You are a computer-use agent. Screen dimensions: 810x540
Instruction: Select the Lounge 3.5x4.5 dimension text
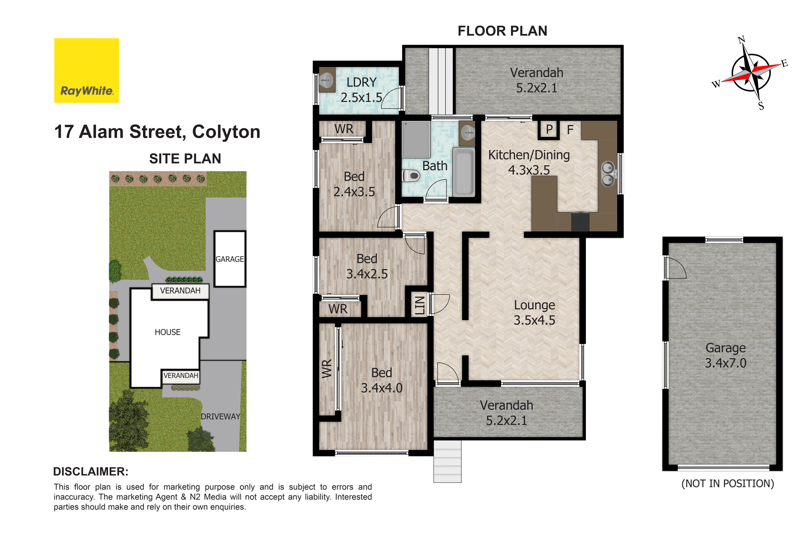coord(534,312)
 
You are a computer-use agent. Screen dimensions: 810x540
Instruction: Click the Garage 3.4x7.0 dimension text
coord(725,355)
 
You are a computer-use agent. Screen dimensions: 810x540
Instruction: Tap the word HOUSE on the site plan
coord(167,332)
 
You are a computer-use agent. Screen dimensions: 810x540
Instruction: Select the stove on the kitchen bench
coord(580,222)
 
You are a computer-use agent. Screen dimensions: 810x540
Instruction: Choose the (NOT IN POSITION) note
coord(728,484)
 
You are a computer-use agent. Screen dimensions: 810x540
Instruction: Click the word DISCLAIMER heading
coord(91,472)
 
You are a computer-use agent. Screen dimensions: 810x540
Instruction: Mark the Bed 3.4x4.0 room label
coord(382,380)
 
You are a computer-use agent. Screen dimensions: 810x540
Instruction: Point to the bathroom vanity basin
coord(467,133)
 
